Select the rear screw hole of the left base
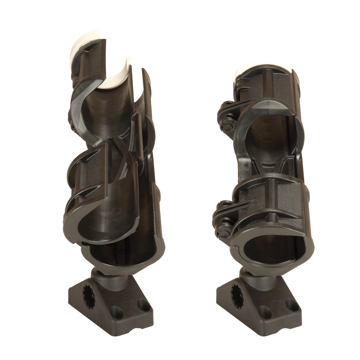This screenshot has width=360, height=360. pyautogui.click(x=144, y=305)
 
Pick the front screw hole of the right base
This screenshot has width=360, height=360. pyautogui.click(x=265, y=312)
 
